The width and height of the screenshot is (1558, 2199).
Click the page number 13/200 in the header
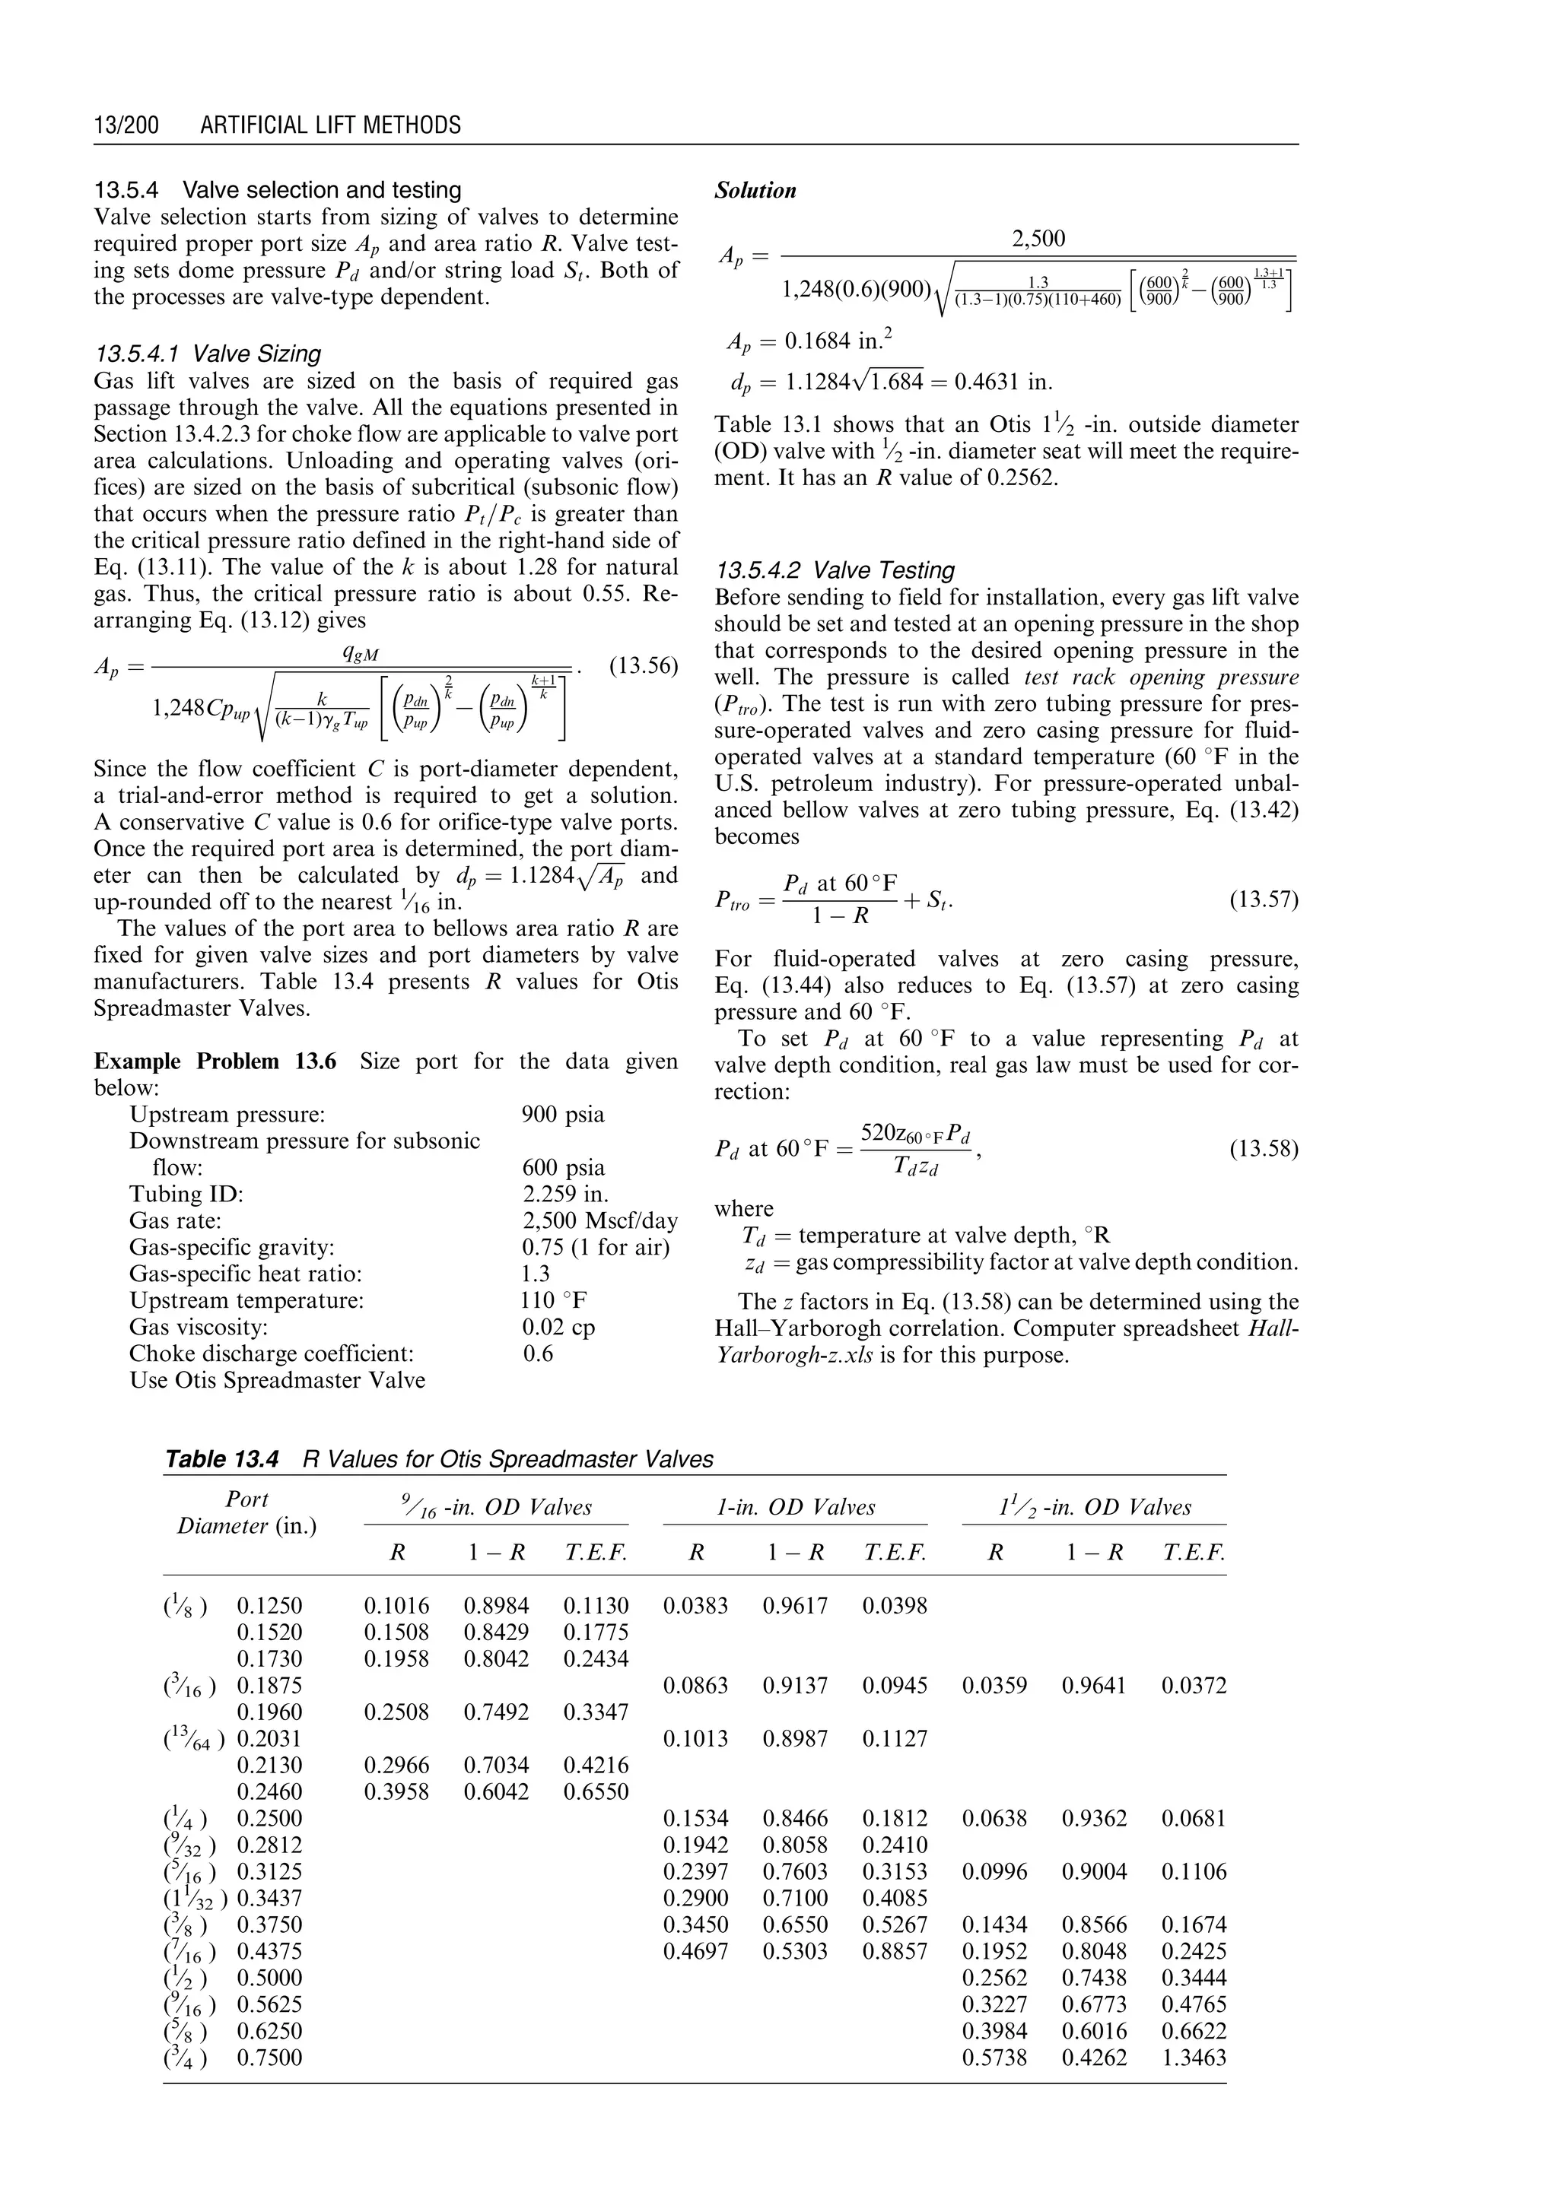coord(126,125)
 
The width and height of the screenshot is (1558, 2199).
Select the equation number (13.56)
coord(644,665)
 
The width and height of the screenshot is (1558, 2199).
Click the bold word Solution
coord(755,191)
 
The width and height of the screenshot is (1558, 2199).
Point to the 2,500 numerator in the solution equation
coord(1039,239)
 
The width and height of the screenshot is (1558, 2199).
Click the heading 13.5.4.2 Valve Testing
coord(835,570)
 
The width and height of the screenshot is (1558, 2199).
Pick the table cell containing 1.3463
coord(1194,2057)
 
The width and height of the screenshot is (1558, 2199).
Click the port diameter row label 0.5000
coord(269,1978)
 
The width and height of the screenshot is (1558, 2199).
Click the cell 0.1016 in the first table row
coord(396,1605)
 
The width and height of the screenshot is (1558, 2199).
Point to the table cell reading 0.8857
coord(894,1950)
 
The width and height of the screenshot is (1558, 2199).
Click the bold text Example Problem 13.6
coord(215,1061)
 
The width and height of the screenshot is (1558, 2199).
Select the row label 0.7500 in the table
coord(269,2057)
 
